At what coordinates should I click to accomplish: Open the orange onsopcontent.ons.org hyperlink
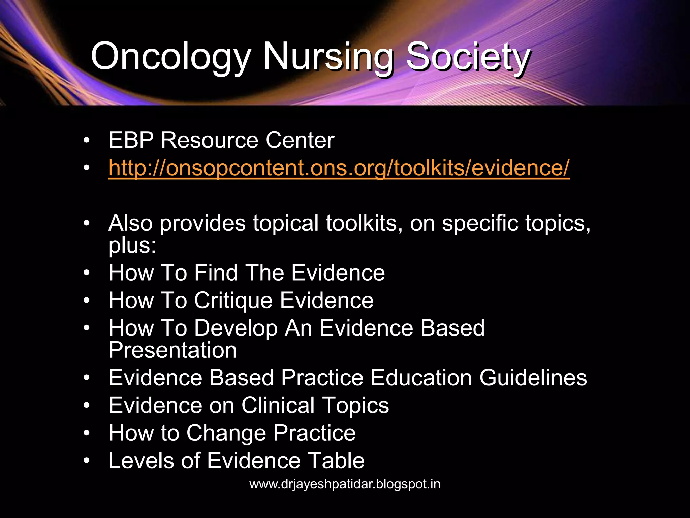point(339,168)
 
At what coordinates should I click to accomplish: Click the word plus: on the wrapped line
point(132,245)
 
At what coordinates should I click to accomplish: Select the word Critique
point(233,300)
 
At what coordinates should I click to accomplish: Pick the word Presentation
point(172,350)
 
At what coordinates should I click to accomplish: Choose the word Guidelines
point(533,378)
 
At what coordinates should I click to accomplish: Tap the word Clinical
point(278,405)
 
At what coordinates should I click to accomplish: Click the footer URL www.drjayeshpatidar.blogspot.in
point(345,484)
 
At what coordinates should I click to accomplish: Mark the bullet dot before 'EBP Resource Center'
point(87,140)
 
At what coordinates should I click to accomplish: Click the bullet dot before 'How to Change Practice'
point(87,433)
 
